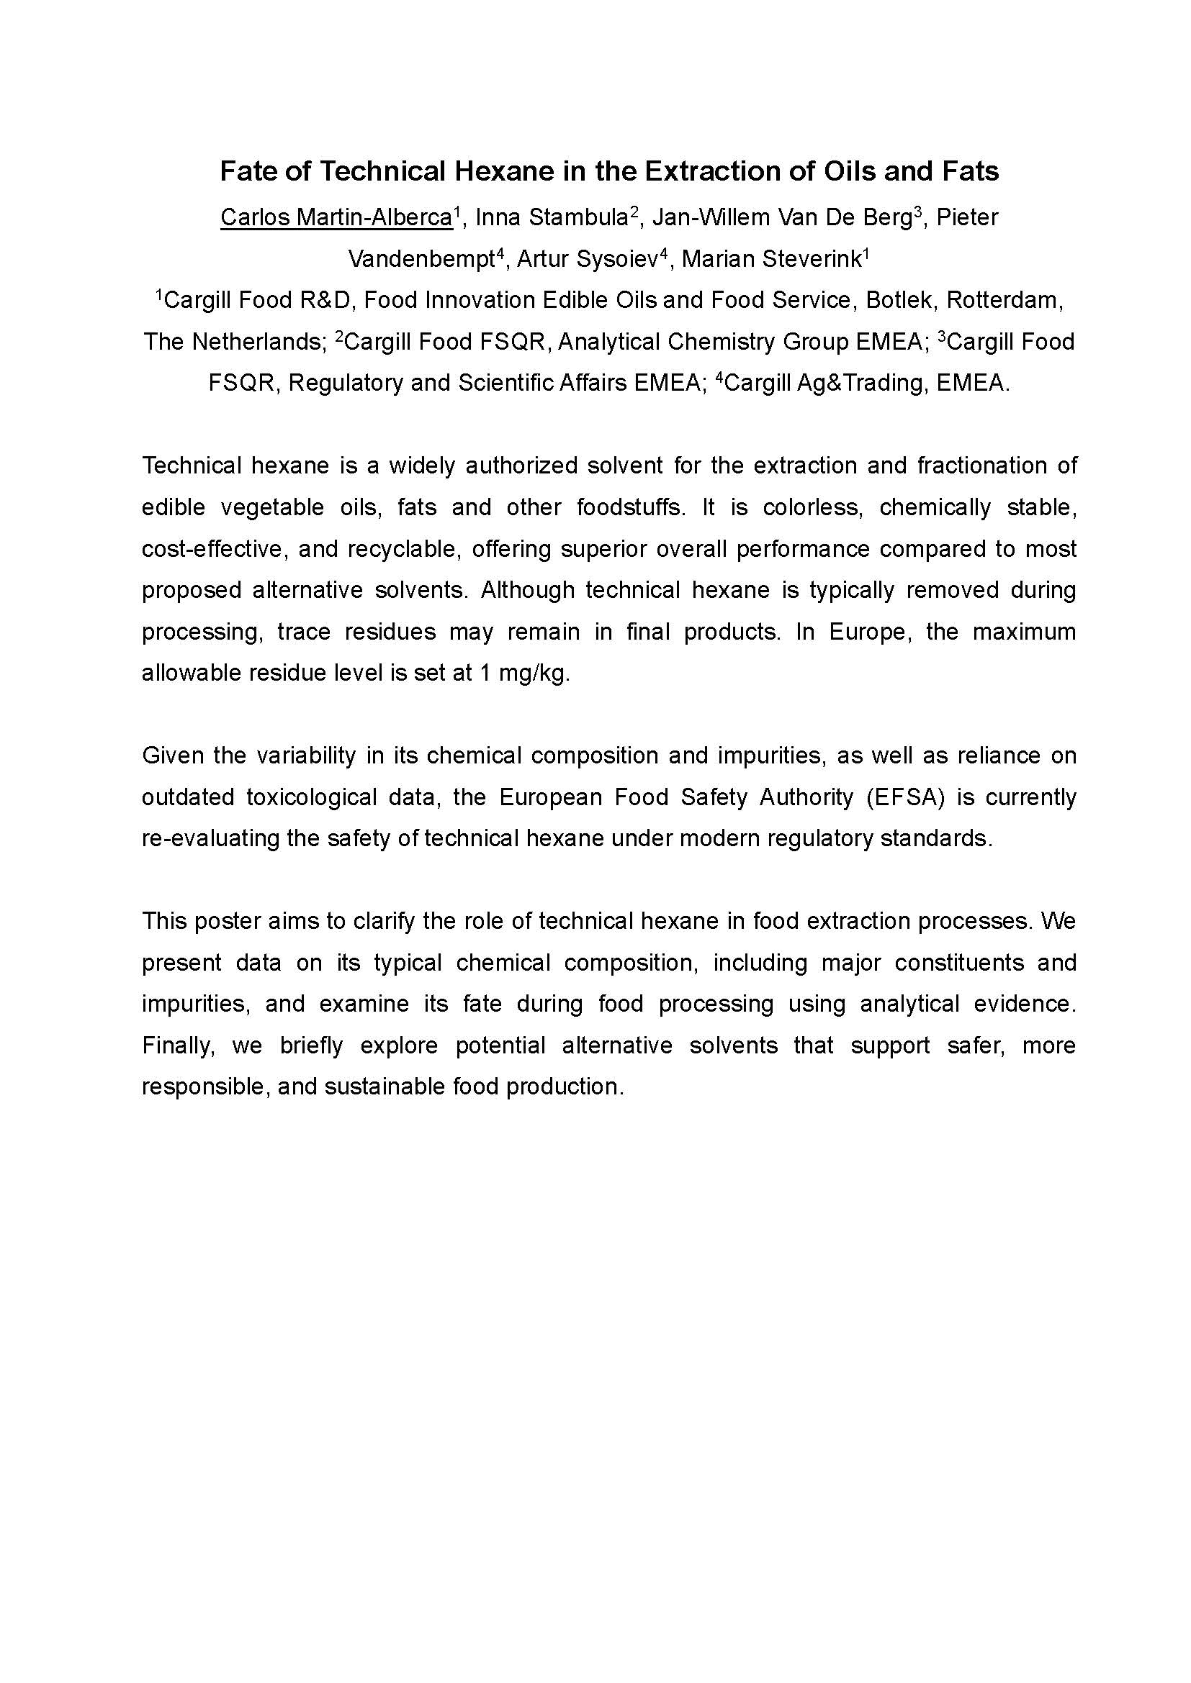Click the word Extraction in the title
pos(702,171)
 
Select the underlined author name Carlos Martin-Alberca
pos(336,218)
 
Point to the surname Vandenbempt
pos(421,260)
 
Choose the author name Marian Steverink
pos(770,260)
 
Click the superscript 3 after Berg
pos(917,212)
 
